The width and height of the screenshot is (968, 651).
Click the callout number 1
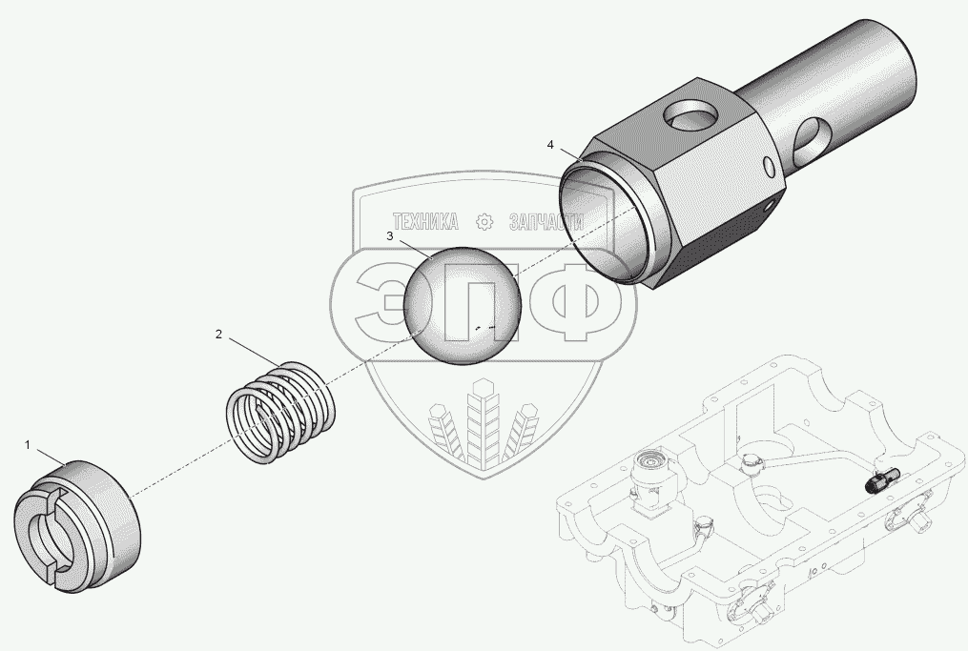(27, 445)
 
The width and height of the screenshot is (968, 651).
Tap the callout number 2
(218, 335)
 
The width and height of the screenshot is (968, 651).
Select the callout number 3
(389, 236)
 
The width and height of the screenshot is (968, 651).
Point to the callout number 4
(550, 145)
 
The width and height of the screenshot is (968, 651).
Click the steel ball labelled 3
(463, 305)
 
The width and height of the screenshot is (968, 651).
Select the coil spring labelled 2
(281, 412)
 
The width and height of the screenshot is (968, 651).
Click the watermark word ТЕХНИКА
(425, 221)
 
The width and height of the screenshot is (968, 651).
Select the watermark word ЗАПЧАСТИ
(546, 222)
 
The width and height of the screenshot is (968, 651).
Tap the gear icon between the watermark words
(484, 222)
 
